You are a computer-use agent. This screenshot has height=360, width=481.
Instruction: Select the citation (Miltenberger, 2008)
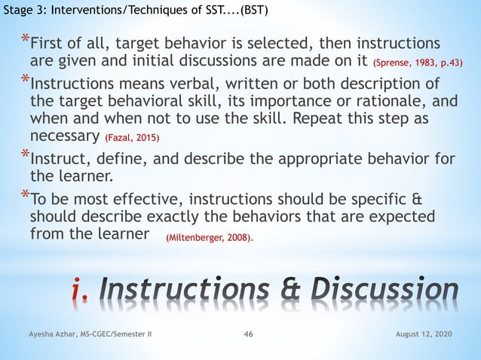pyautogui.click(x=210, y=238)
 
